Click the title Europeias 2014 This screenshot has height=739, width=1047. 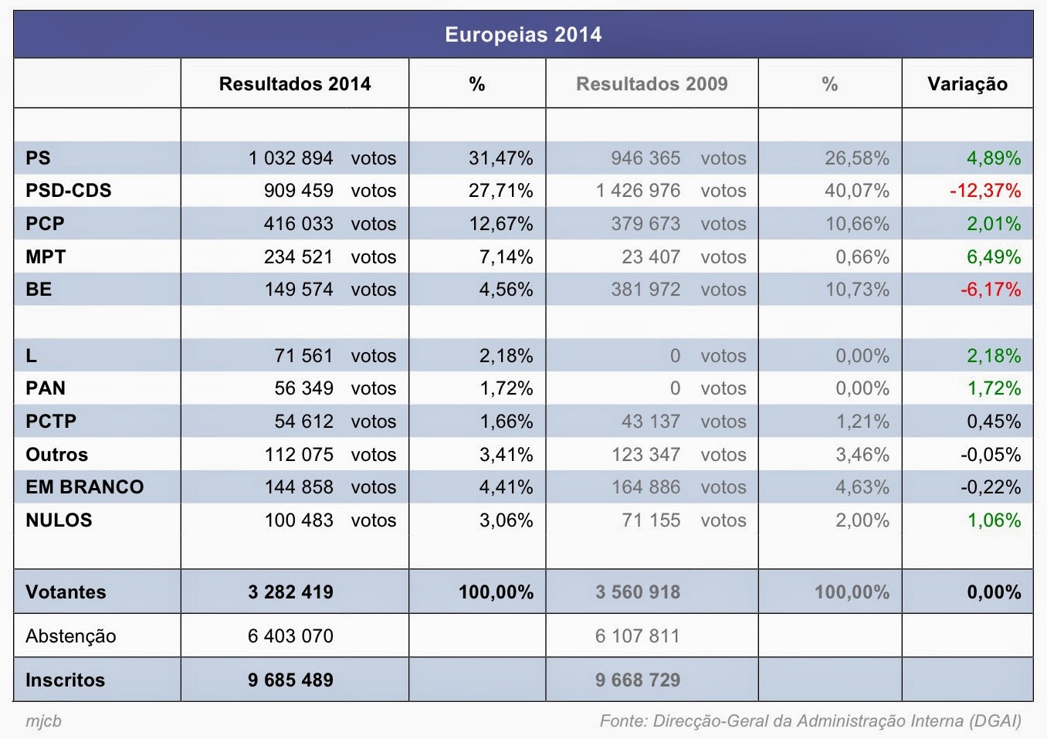[523, 35]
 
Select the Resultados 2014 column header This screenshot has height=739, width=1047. [295, 83]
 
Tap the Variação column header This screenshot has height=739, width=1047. [967, 84]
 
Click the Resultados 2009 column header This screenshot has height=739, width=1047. [652, 83]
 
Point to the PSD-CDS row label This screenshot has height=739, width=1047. [69, 190]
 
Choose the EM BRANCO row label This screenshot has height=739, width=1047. [85, 486]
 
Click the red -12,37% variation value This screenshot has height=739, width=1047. [985, 191]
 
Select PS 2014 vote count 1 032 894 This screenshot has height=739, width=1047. [291, 158]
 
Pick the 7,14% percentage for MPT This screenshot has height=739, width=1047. [507, 256]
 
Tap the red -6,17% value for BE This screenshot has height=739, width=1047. [991, 290]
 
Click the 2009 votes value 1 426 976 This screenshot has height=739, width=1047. [638, 191]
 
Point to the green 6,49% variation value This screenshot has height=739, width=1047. [994, 256]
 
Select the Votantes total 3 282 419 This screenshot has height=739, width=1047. [291, 592]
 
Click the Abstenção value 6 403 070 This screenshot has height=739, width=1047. [291, 636]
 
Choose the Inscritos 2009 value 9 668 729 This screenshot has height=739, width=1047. [638, 680]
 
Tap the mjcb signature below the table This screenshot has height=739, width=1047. [43, 721]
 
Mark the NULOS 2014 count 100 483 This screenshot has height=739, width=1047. [299, 520]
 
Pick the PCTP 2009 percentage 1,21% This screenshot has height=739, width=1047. [862, 421]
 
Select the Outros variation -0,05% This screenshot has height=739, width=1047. [991, 454]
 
